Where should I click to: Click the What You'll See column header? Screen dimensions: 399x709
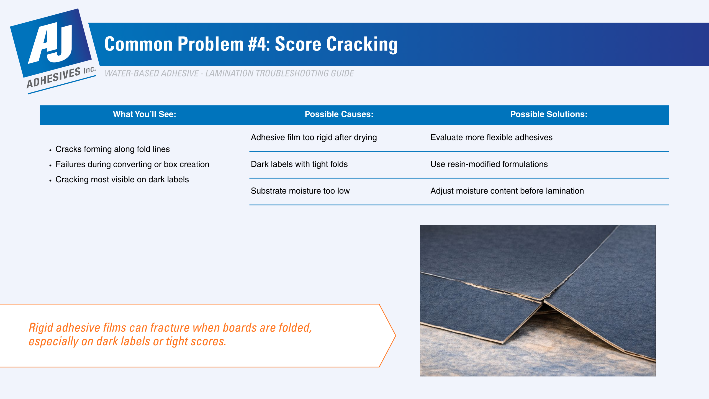pos(144,114)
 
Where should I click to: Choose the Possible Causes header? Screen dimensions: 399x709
pos(339,114)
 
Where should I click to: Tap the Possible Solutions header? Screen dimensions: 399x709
pos(549,114)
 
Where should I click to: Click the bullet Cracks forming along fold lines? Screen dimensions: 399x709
pos(112,149)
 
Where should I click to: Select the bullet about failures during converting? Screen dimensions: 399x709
pos(132,165)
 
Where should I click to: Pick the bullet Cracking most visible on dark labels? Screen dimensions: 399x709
pos(122,180)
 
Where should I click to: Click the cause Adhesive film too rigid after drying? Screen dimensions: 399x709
pos(314,137)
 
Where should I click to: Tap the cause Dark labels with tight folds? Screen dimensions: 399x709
pos(299,164)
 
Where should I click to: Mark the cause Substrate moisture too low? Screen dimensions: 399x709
pos(300,191)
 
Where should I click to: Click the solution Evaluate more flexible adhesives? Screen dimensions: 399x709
pos(491,137)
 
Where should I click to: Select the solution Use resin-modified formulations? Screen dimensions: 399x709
pos(489,164)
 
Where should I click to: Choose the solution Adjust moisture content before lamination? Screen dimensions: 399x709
pos(507,191)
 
